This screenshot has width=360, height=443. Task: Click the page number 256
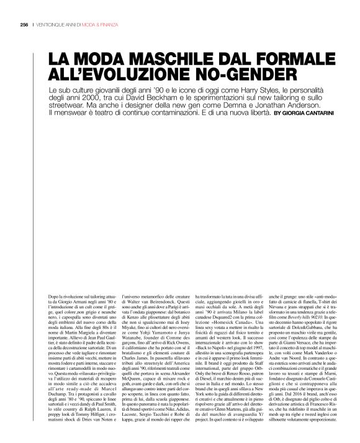click(24, 24)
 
